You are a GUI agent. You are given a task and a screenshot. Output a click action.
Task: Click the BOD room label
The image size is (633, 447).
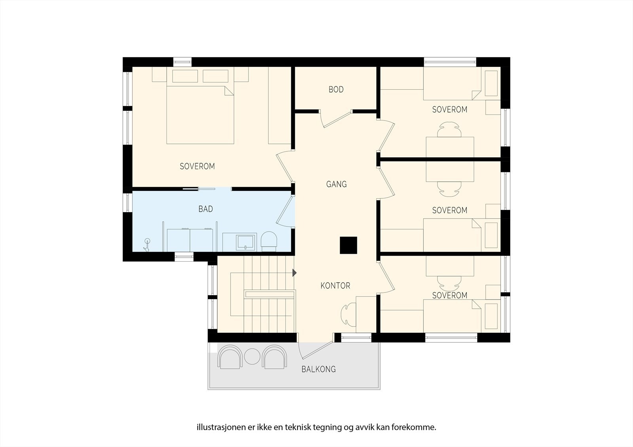pos(336,89)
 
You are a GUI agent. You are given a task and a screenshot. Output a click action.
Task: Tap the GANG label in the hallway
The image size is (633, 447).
pos(336,185)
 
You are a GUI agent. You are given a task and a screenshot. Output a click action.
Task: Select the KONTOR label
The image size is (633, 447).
pos(335,286)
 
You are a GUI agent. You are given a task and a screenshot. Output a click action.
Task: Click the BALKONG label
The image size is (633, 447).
pos(319,370)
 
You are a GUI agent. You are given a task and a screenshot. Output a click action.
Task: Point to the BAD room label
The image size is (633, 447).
pos(205,209)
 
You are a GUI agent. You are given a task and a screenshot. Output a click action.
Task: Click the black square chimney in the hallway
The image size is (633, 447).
pos(349,245)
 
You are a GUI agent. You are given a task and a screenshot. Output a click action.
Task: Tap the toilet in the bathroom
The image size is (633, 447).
pos(269,241)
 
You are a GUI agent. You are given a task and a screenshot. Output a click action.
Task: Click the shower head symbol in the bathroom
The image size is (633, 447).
pos(147,245)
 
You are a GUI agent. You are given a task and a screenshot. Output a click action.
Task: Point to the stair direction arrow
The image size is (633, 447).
pos(294,273)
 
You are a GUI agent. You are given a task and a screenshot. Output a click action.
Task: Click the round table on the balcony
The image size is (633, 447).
pos(252,356)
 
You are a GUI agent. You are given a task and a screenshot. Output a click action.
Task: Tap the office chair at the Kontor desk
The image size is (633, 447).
pos(348,315)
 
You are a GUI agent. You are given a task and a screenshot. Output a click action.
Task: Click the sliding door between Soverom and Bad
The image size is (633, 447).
pos(199,189)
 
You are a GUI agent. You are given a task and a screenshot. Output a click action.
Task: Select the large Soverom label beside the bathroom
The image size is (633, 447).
pos(197,166)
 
